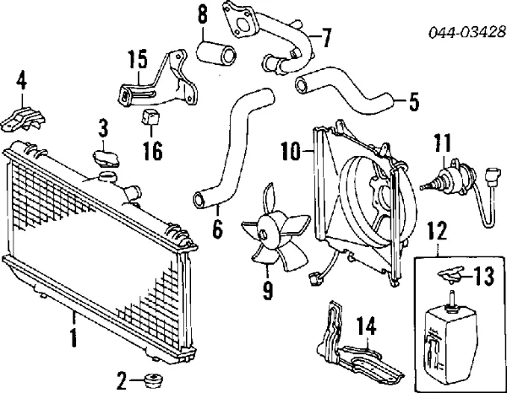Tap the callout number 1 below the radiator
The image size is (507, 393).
coord(74,339)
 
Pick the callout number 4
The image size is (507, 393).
coord(21,82)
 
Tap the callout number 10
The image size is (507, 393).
coord(291,153)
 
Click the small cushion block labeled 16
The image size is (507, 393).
coord(152,118)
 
